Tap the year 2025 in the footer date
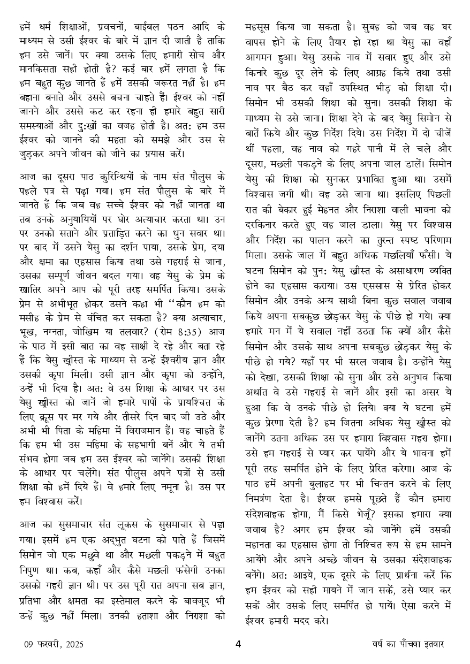[73, 644]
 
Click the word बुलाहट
[324, 485]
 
